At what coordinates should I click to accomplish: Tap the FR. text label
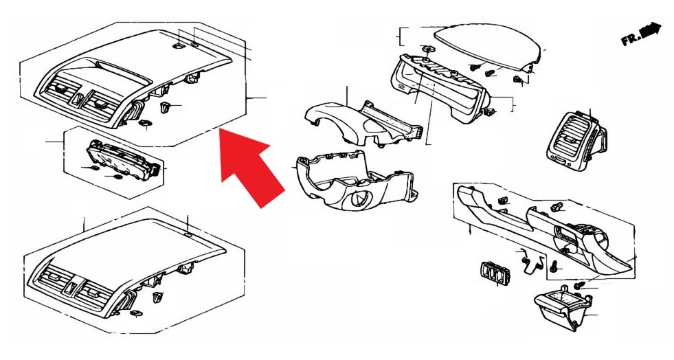(630, 39)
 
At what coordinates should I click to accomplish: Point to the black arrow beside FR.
(651, 30)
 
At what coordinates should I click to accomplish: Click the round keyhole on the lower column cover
(359, 199)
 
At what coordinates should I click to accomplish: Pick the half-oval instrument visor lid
(487, 47)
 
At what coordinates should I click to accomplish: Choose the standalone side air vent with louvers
(577, 140)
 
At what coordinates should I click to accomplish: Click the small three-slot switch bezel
(492, 273)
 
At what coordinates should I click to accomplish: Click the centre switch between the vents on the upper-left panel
(78, 98)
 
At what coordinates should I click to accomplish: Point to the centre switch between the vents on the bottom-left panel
(71, 287)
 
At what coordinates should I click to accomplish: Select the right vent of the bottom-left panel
(96, 292)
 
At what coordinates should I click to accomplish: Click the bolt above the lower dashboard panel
(557, 207)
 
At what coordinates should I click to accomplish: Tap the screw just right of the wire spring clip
(554, 267)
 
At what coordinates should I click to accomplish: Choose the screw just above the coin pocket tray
(580, 285)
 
